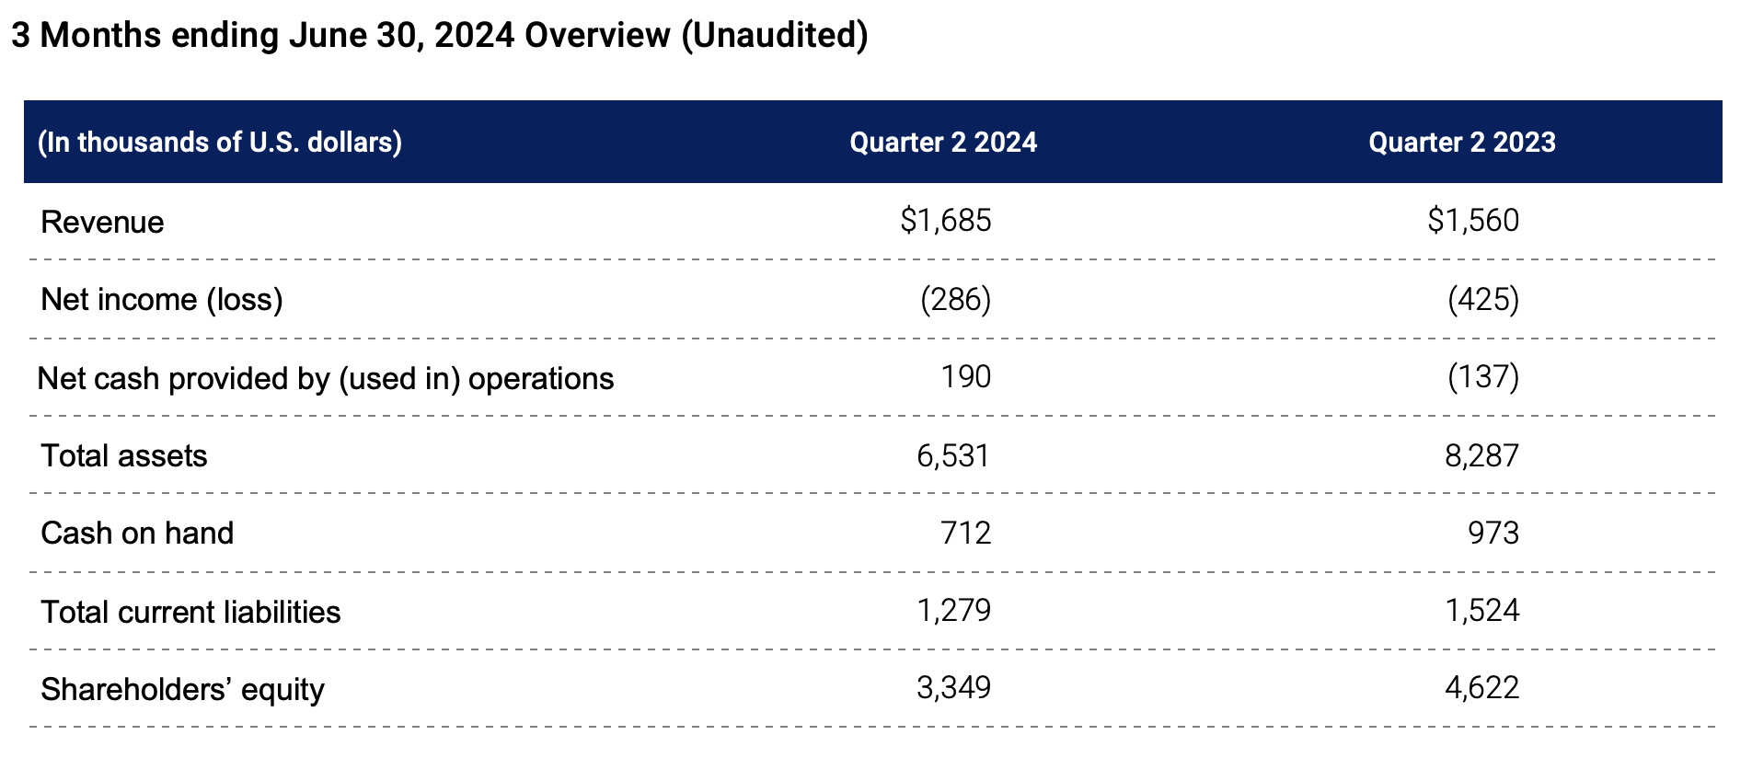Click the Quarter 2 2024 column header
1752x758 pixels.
pyautogui.click(x=942, y=143)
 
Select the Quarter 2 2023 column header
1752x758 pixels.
pyautogui.click(x=1461, y=143)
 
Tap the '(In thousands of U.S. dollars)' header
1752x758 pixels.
pyautogui.click(x=219, y=143)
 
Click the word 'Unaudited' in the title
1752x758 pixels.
pyautogui.click(x=775, y=35)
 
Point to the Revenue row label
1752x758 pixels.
pyautogui.click(x=102, y=222)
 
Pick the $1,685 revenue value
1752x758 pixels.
pyautogui.click(x=945, y=220)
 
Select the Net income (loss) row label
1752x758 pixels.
pyautogui.click(x=162, y=299)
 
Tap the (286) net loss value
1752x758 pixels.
pyautogui.click(x=955, y=299)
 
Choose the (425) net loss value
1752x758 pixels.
pyautogui.click(x=1482, y=299)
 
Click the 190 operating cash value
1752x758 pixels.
pyautogui.click(x=965, y=376)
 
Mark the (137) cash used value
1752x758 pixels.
pyautogui.click(x=1482, y=376)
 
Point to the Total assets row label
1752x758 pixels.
pyautogui.click(x=124, y=455)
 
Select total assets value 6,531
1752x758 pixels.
pyautogui.click(x=952, y=455)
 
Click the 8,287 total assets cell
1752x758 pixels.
pyautogui.click(x=1481, y=455)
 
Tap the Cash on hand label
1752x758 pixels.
pyautogui.click(x=137, y=533)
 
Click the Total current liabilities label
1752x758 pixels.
pyautogui.click(x=190, y=612)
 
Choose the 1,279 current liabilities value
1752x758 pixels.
pyautogui.click(x=953, y=610)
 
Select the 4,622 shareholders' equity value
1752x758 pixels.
pyautogui.click(x=1481, y=687)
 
